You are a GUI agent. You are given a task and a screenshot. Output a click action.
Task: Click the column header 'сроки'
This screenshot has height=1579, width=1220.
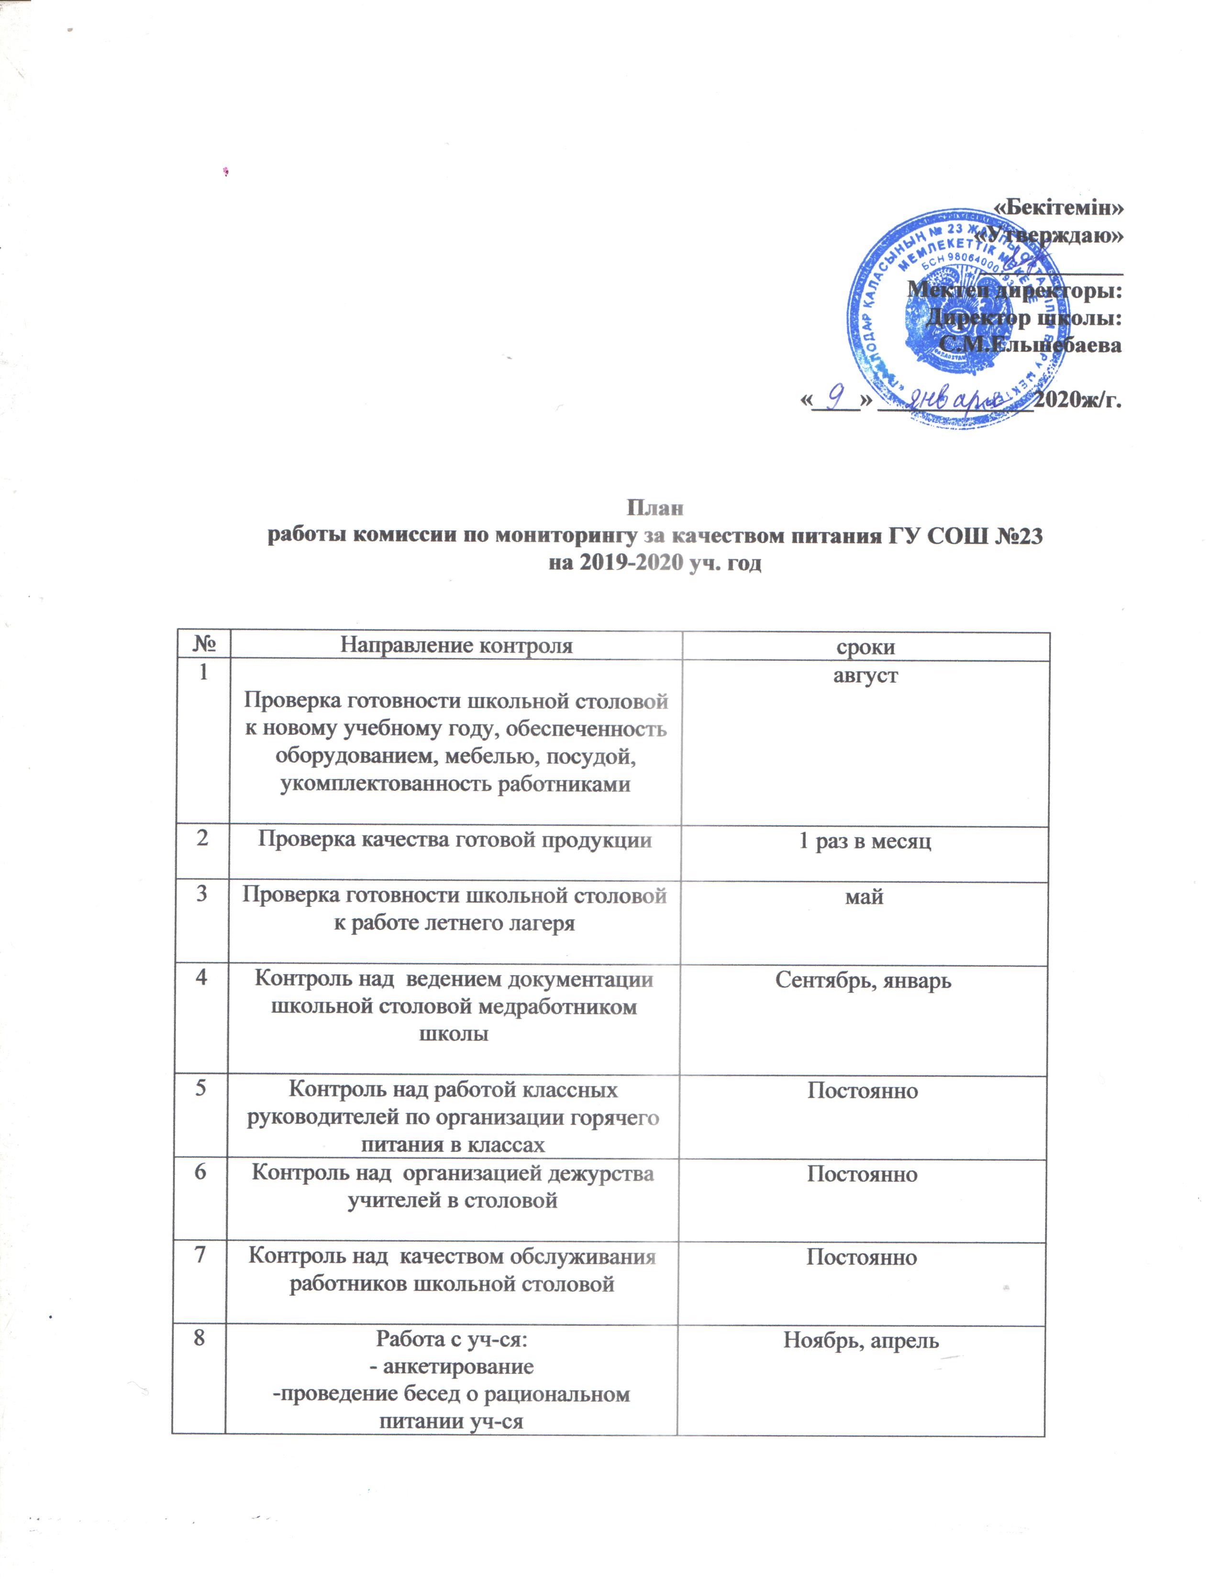click(865, 646)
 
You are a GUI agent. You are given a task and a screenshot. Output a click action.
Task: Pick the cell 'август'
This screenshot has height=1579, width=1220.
click(865, 676)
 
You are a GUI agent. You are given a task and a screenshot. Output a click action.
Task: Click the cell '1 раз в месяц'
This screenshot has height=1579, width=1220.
click(865, 841)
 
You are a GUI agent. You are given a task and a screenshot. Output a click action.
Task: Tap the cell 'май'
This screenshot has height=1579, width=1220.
click(865, 897)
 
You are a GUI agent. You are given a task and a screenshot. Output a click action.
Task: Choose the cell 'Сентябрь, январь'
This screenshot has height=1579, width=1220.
click(863, 980)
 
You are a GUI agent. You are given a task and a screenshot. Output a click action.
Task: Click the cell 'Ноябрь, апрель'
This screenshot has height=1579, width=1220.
click(861, 1340)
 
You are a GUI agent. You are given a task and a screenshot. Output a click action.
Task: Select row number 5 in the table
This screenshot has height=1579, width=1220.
click(201, 1090)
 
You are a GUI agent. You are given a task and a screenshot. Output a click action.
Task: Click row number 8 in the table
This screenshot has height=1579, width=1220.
click(198, 1337)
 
